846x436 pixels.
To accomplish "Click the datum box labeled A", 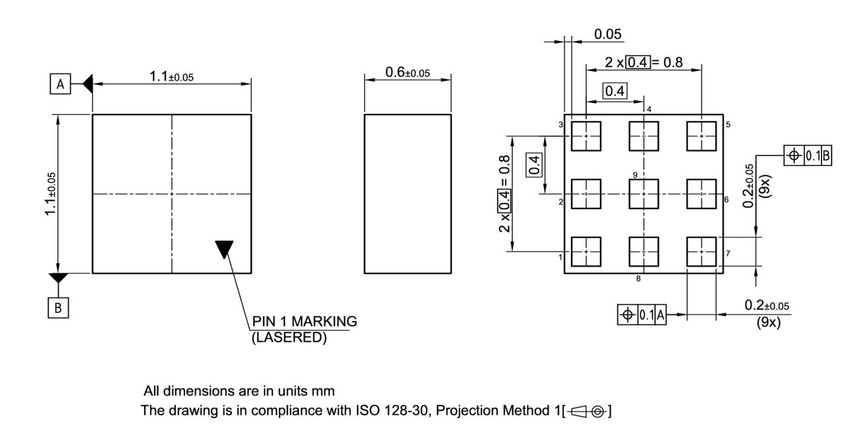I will click(60, 84).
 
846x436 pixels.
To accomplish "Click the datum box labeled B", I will click(58, 308).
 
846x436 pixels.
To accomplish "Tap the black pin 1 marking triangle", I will click(225, 249).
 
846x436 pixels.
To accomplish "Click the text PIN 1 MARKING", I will click(305, 322).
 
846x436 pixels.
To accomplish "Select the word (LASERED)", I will click(289, 336).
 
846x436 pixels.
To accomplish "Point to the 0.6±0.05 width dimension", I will click(407, 73).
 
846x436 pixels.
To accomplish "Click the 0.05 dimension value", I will click(608, 34).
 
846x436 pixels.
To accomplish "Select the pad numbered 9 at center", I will click(644, 194).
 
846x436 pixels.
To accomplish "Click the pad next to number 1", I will click(586, 252).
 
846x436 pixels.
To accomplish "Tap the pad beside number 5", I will click(702, 136).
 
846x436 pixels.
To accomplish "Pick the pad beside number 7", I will click(702, 252).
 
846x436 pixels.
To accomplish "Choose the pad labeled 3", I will click(586, 136).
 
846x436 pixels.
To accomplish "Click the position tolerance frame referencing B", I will click(808, 155).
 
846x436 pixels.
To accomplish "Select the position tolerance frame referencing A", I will click(642, 315).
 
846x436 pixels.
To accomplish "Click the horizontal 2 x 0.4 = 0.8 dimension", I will click(643, 63).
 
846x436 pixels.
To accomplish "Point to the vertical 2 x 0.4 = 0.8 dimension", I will click(505, 194).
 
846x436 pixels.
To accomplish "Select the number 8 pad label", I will click(638, 279).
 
